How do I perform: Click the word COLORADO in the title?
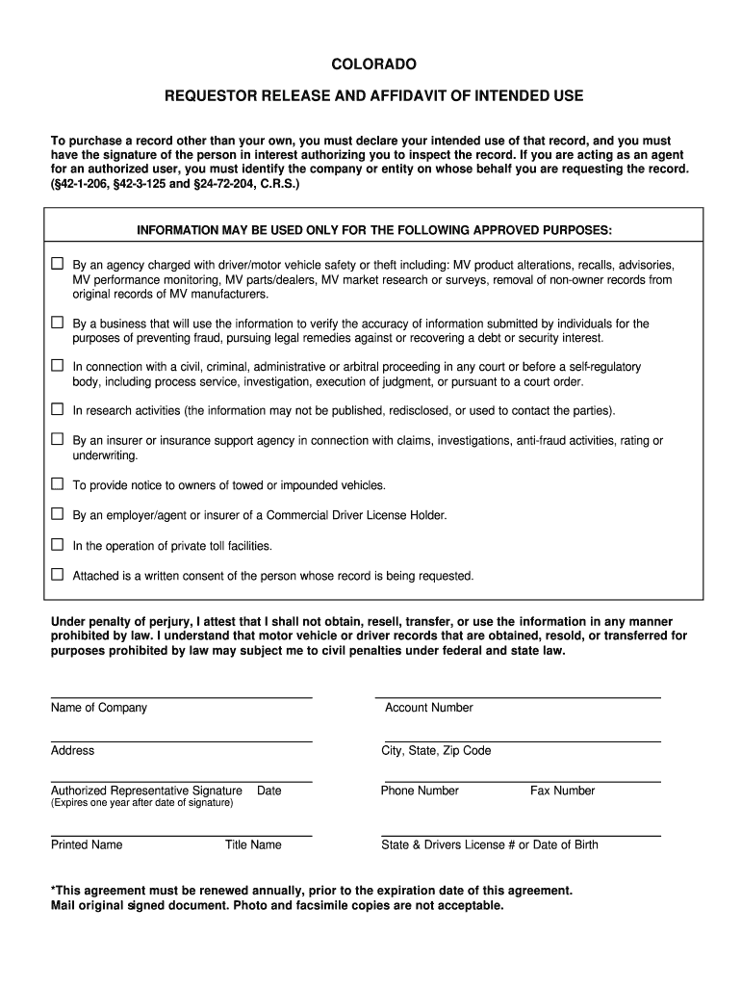coord(373,65)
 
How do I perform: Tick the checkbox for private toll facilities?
coord(57,545)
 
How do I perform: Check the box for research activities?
coord(57,410)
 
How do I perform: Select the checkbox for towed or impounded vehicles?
coord(57,484)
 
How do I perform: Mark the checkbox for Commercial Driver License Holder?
coord(57,514)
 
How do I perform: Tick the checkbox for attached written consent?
coord(57,575)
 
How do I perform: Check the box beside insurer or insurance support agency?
coord(57,440)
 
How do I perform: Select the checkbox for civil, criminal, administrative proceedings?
coord(57,366)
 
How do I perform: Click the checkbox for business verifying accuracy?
coord(57,323)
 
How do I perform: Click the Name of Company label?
coord(99,708)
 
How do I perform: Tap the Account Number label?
coord(428,708)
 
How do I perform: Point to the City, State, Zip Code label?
coord(436,751)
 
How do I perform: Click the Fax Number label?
coord(562,791)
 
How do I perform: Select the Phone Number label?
coord(420,791)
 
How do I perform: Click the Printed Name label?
coord(87,845)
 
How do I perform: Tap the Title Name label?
coord(253,845)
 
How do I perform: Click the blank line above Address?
coord(181,740)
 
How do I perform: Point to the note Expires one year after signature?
coord(141,803)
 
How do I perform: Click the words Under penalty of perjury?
coord(120,622)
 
